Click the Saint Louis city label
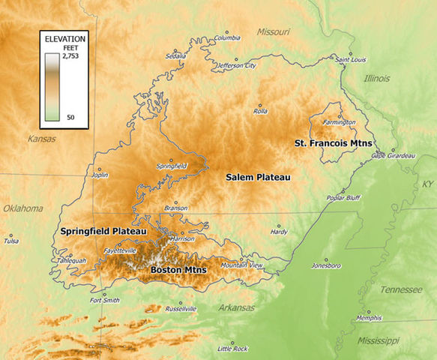[350, 59]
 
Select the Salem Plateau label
[258, 177]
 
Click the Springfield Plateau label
[103, 231]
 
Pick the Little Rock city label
[232, 349]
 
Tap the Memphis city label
[368, 318]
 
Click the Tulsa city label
[11, 241]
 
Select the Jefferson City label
[237, 66]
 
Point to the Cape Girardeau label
[393, 156]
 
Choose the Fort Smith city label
[104, 301]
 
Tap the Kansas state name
[41, 139]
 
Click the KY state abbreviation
[427, 184]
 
